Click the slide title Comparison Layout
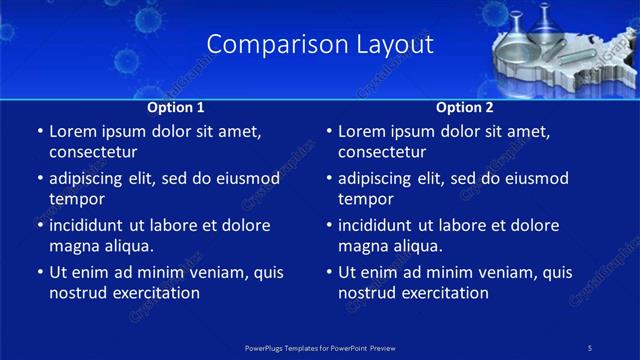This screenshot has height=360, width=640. click(320, 45)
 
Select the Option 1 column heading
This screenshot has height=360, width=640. click(176, 107)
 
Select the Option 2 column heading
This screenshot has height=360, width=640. click(465, 107)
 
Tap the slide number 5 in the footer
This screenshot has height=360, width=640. click(590, 347)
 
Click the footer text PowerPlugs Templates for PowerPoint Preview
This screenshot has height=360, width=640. click(320, 347)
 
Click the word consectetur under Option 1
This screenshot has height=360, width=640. click(93, 152)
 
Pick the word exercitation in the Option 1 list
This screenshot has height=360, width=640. click(156, 293)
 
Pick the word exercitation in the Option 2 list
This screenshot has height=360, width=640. click(445, 293)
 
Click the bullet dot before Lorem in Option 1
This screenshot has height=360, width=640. click(38, 131)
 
